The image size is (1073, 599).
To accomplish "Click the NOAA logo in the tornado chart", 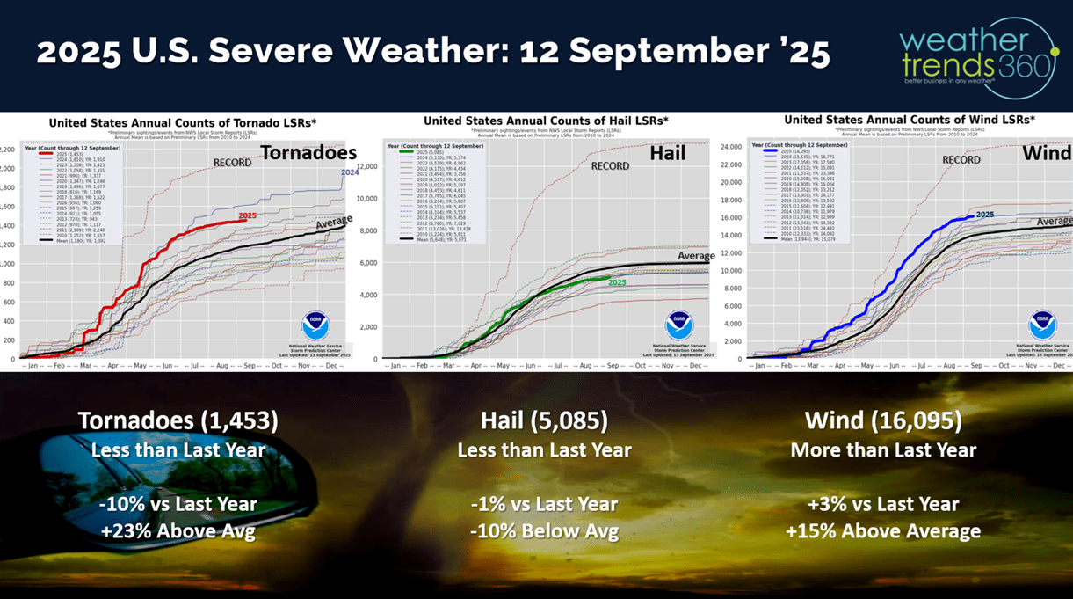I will click(x=315, y=325).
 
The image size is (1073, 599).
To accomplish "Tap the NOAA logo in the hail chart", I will click(x=678, y=325).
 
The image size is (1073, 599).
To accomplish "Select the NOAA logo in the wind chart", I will click(x=1042, y=325).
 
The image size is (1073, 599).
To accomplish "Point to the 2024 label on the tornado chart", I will click(x=350, y=172).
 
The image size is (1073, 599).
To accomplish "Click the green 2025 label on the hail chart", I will click(x=617, y=282).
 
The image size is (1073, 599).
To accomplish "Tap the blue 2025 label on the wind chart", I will click(x=984, y=215).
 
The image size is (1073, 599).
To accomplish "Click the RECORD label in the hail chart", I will click(x=610, y=165).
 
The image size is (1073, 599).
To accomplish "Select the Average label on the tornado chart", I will click(x=332, y=224).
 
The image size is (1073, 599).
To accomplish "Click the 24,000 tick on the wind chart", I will click(x=732, y=147).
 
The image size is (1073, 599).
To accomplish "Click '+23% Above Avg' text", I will click(x=178, y=531).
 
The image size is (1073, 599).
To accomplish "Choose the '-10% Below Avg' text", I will click(x=544, y=531).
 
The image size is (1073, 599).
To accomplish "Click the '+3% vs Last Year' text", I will click(x=883, y=505).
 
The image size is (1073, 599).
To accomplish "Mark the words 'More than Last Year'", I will click(x=883, y=450).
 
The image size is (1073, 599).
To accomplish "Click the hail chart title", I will click(x=545, y=121).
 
